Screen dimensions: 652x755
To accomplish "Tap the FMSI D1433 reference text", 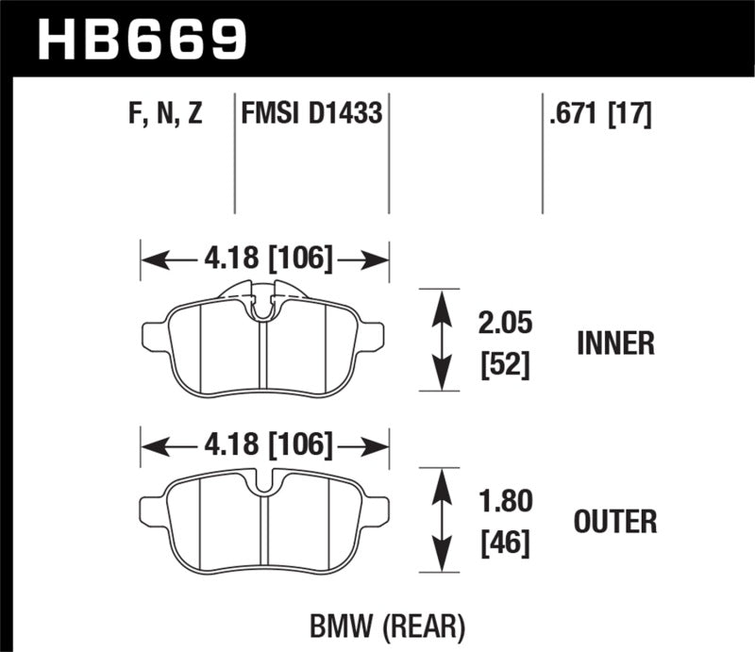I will tap(312, 116).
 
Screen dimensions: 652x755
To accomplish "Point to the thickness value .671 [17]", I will tap(596, 116).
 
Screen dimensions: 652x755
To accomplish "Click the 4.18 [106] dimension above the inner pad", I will tap(265, 257).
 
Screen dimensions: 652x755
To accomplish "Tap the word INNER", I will tap(615, 343).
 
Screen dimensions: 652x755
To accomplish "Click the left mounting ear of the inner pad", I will tap(152, 334).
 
